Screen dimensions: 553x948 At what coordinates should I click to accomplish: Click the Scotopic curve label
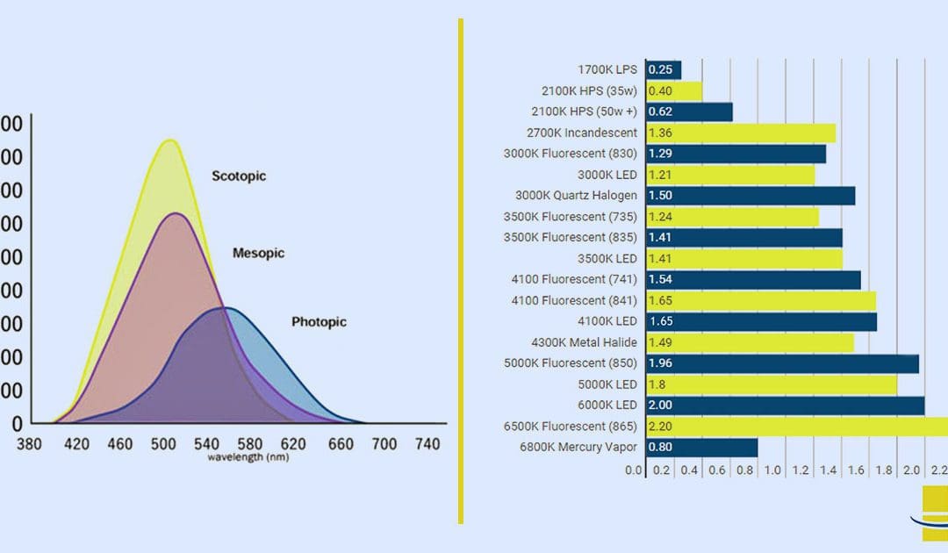238,176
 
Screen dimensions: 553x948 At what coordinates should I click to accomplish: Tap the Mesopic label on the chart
258,253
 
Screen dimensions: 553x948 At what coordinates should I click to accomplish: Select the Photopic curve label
319,322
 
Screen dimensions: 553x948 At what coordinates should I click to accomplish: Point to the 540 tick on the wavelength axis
209,445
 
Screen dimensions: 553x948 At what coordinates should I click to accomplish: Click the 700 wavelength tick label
384,445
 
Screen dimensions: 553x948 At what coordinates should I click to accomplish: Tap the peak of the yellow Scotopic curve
169,140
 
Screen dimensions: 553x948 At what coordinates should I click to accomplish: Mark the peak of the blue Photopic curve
226,309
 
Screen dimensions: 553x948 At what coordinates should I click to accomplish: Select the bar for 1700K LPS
663,70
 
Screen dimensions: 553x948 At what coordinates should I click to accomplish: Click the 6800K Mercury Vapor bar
701,448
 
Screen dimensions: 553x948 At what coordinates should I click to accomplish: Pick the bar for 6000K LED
785,406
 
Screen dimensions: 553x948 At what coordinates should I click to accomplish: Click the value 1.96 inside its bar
660,363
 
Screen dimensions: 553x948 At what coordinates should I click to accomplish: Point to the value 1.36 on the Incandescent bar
659,133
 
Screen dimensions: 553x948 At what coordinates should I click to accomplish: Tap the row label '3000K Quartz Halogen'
577,196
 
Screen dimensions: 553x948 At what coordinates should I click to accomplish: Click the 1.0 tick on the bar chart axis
772,470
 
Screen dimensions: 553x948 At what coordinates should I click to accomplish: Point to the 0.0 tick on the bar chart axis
634,470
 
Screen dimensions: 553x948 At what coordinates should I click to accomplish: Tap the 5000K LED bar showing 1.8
771,384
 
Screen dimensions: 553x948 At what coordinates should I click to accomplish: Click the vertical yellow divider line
461,272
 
